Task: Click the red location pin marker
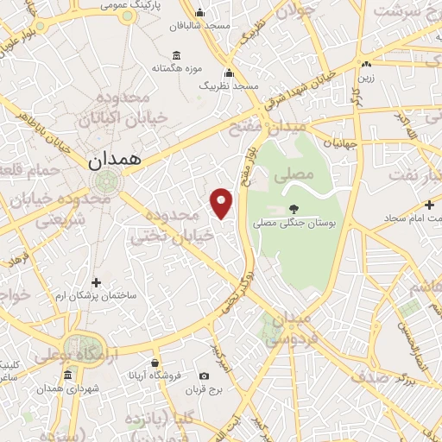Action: click(x=222, y=204)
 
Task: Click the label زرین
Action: click(x=367, y=78)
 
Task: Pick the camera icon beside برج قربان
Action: click(x=204, y=376)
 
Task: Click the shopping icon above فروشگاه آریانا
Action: click(x=154, y=362)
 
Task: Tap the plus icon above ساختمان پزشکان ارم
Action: click(x=96, y=282)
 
